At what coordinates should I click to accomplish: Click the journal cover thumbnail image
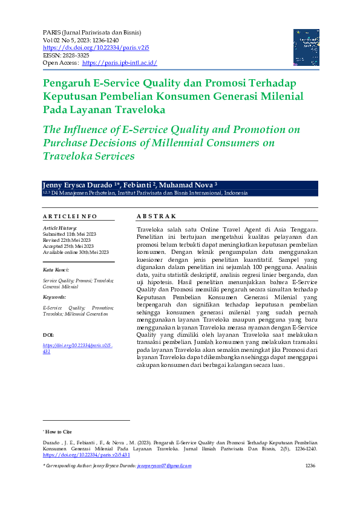click(306, 47)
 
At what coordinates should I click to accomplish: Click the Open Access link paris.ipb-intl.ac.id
click(119, 62)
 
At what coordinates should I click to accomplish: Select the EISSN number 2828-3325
click(75, 54)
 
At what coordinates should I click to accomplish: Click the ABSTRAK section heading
click(156, 216)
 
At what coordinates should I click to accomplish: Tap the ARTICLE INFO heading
click(70, 216)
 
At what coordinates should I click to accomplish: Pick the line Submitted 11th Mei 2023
click(70, 233)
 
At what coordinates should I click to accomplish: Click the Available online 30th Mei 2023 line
click(76, 252)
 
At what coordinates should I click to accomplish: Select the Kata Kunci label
click(56, 270)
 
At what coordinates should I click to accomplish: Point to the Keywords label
click(55, 297)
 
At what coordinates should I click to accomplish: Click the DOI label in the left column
click(49, 334)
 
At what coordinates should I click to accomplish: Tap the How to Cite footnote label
click(59, 432)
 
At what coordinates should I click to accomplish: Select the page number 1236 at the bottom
click(310, 466)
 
